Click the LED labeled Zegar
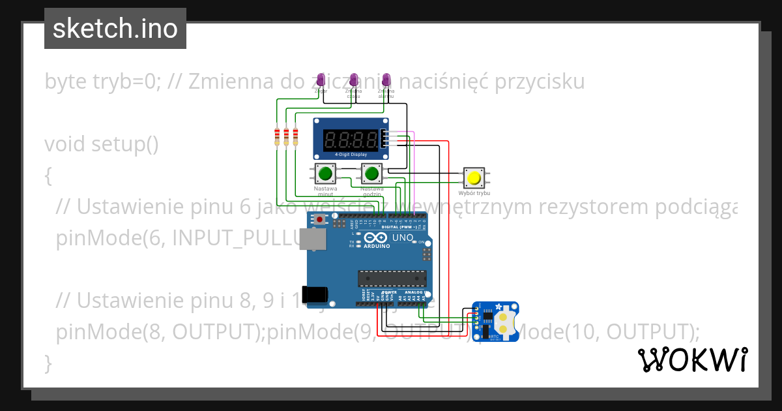click(x=321, y=80)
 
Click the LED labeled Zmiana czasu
click(x=354, y=80)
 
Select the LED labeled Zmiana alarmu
click(x=386, y=80)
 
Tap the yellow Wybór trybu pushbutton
click(x=474, y=177)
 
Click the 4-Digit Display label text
click(x=351, y=155)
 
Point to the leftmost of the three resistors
click(x=278, y=136)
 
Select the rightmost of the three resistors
click(x=295, y=136)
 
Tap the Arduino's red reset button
click(x=320, y=221)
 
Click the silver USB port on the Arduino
click(x=315, y=240)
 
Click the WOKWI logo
click(x=692, y=359)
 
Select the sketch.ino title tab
click(x=115, y=29)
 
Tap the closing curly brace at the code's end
click(x=48, y=362)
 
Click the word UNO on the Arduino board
click(x=402, y=237)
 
